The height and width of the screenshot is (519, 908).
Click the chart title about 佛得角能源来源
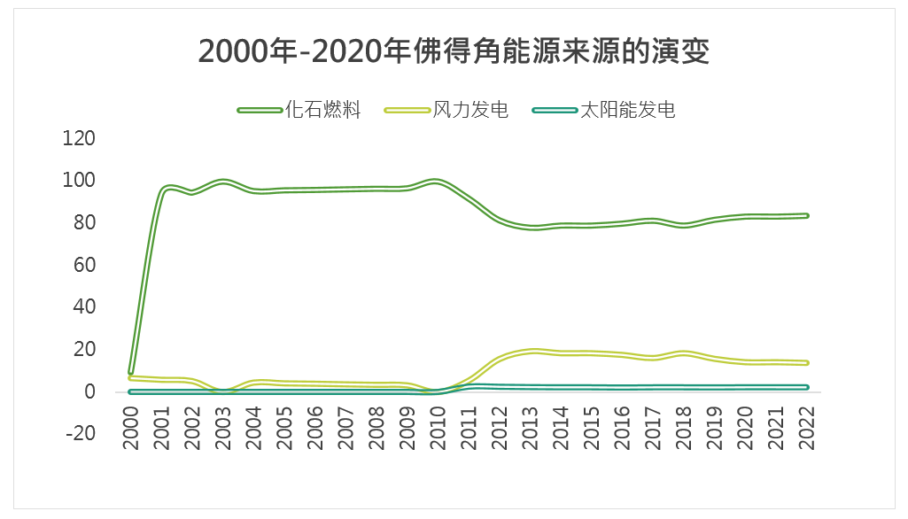point(454,51)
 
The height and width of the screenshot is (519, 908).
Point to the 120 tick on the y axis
point(79,138)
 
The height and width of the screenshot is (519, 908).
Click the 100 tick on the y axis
point(79,181)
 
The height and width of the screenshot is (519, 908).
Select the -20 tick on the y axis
point(79,434)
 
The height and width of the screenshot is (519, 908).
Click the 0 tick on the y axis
point(89,391)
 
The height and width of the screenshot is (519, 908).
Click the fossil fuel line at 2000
point(131,372)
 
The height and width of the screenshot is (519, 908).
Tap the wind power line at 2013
point(531,351)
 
